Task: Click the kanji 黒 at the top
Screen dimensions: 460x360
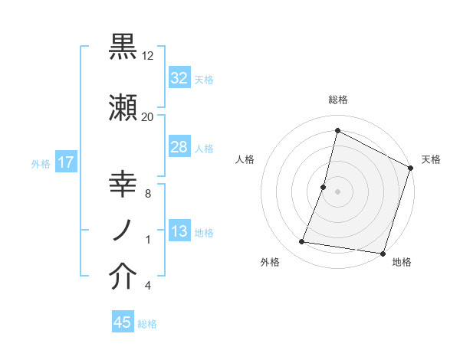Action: click(123, 47)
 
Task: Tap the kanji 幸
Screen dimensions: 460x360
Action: click(123, 186)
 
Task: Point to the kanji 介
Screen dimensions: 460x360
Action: click(123, 277)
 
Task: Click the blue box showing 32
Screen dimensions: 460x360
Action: click(179, 78)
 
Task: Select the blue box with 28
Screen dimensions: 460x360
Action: click(179, 147)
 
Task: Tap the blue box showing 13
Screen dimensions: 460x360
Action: click(179, 232)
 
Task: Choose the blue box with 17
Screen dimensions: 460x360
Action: click(65, 162)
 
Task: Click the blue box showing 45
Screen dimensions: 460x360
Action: click(123, 322)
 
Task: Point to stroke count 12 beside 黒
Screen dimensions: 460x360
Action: click(148, 56)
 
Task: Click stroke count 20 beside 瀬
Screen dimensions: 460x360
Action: click(148, 116)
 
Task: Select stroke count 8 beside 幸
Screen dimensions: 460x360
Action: click(147, 194)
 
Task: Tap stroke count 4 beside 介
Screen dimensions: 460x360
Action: click(147, 286)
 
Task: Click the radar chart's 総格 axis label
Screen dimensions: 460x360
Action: click(337, 100)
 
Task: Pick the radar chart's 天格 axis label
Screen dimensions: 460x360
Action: click(431, 159)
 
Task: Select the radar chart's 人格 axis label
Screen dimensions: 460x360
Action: click(245, 159)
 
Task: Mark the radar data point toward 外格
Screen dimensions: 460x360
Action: click(302, 242)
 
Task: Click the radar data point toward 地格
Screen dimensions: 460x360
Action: click(382, 254)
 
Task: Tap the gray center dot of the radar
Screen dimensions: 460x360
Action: click(337, 191)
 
